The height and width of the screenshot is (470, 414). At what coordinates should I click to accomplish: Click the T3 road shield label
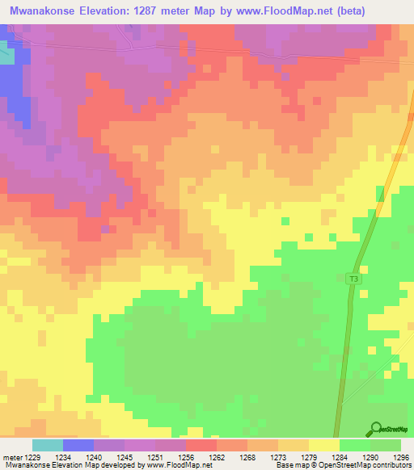click(x=353, y=279)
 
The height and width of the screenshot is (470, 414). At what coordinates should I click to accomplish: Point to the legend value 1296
click(x=402, y=458)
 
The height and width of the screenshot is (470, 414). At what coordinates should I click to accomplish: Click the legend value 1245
click(x=125, y=458)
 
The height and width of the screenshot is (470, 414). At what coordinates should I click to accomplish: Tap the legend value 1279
click(x=310, y=458)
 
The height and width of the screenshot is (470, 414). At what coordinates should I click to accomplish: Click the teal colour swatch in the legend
click(x=48, y=445)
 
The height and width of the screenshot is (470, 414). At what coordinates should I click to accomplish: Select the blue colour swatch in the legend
click(x=78, y=445)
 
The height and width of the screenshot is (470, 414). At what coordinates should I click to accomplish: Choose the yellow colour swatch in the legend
click(x=324, y=445)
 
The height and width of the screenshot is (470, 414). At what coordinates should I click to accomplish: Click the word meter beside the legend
click(x=12, y=458)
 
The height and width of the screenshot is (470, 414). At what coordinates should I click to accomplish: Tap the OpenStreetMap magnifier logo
click(x=377, y=430)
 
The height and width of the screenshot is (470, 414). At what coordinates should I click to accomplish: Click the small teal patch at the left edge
click(x=6, y=55)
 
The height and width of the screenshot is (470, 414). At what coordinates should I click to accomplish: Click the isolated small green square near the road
click(x=284, y=220)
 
